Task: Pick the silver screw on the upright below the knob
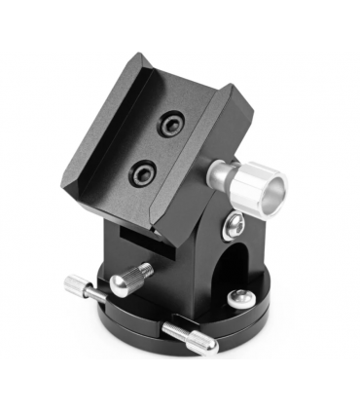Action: coord(234,227)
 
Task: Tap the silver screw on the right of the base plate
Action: coord(237,297)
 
